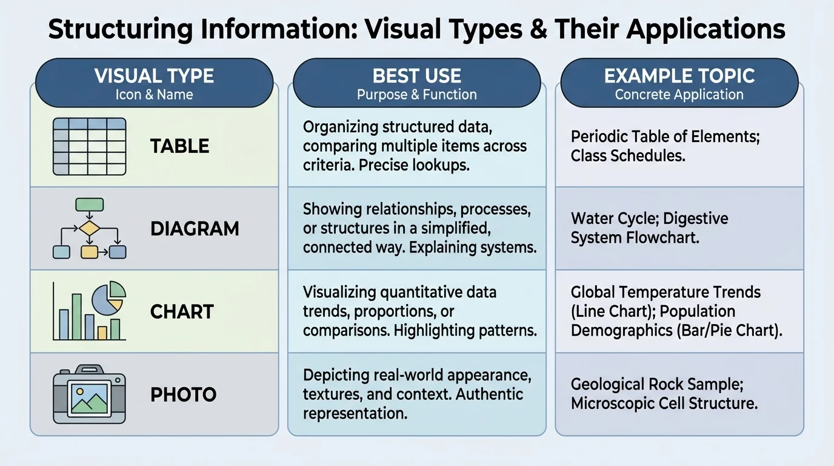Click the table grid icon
89,146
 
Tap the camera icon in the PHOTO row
89,394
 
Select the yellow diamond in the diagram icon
89,229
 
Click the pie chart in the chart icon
108,297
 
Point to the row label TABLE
179,146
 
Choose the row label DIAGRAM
195,229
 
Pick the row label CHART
182,312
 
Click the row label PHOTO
183,395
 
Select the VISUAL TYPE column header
154,76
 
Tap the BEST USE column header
417,76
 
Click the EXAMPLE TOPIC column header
679,76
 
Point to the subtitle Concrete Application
679,95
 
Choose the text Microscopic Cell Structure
664,403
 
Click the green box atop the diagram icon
89,204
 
